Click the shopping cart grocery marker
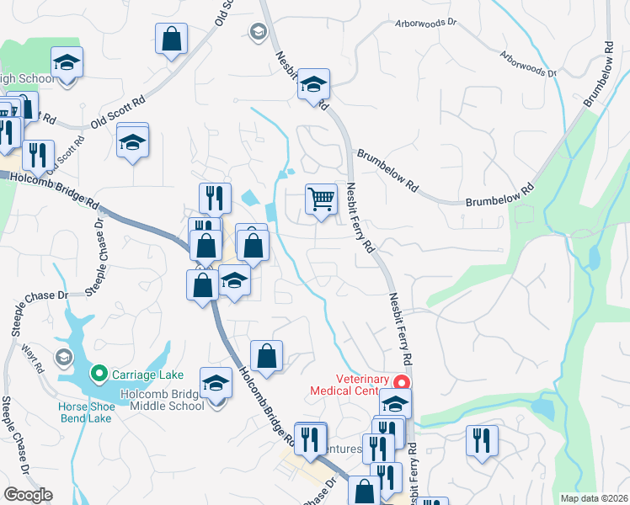click(321, 200)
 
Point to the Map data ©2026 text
click(594, 498)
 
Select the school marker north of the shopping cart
click(313, 84)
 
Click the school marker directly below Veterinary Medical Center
click(395, 404)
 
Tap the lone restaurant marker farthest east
click(482, 440)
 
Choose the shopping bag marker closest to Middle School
click(266, 355)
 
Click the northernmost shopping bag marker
click(171, 38)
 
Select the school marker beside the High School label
click(66, 63)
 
